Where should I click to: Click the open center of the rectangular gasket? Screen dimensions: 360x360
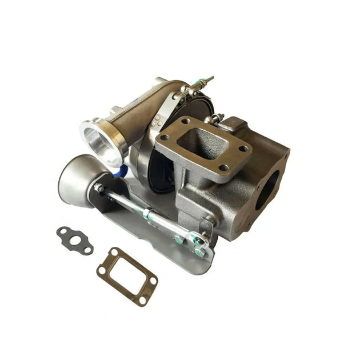[127, 274]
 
